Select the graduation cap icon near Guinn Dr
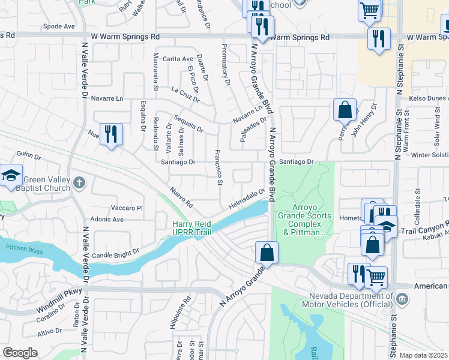click(x=10, y=176)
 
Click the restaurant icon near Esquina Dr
click(x=110, y=133)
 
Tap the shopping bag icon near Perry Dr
click(x=345, y=110)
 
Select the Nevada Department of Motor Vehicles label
click(x=351, y=301)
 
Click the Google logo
click(x=20, y=353)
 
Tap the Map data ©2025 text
click(x=423, y=355)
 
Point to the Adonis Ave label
click(x=110, y=220)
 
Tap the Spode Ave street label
click(x=59, y=26)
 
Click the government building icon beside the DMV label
click(x=402, y=298)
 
